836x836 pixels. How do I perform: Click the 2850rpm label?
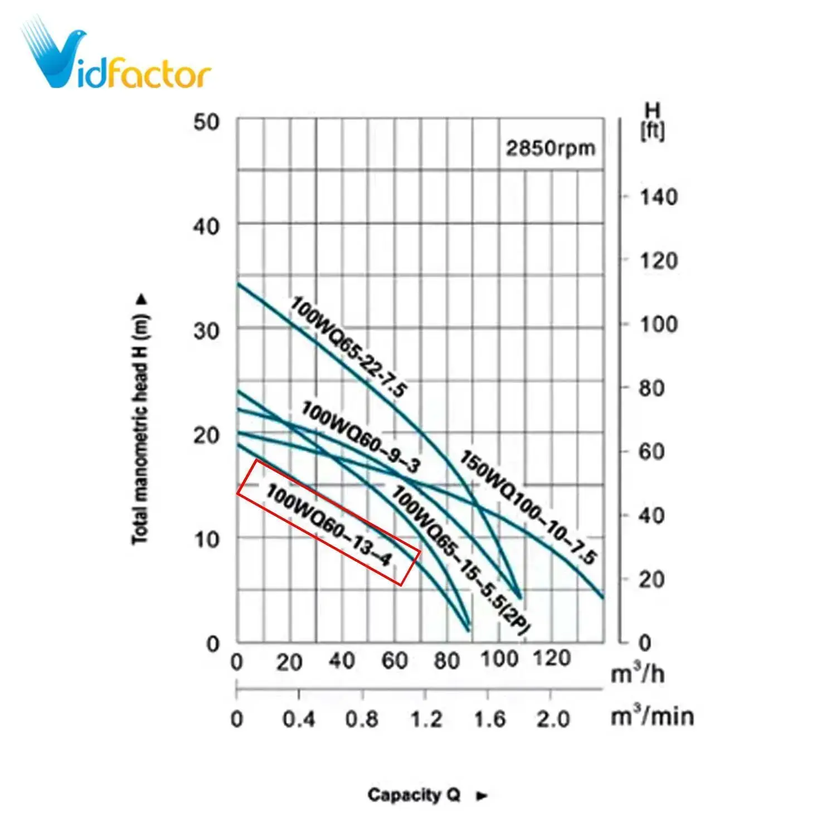(x=550, y=148)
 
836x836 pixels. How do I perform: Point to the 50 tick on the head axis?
(x=206, y=122)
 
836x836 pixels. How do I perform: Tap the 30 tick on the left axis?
(x=206, y=331)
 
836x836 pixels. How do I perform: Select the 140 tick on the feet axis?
(x=658, y=197)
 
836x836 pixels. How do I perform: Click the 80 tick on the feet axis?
(x=652, y=388)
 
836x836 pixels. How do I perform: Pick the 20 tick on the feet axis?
(x=652, y=580)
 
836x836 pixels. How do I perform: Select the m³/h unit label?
(x=638, y=674)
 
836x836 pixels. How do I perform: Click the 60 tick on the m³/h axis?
(x=395, y=661)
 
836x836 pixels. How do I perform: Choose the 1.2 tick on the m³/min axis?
(x=426, y=720)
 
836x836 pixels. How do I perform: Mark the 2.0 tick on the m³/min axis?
(x=552, y=720)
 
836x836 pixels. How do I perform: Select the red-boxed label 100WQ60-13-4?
(x=328, y=524)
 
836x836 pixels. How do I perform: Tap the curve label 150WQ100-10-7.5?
(x=528, y=507)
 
